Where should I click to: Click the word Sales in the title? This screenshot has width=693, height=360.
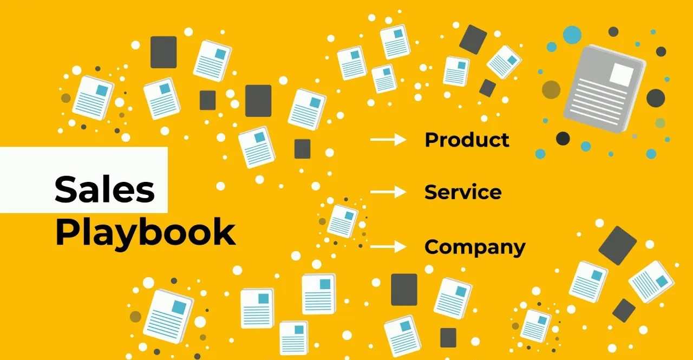point(104,189)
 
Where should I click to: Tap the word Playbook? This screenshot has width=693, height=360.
point(145,233)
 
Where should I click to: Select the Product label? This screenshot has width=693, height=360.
point(467,140)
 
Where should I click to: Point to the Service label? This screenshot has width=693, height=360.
point(463,192)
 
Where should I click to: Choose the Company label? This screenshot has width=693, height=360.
point(475,247)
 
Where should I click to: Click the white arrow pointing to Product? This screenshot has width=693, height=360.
point(388,140)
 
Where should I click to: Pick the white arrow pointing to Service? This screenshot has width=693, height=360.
point(388,192)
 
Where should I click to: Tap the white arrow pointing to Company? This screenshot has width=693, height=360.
point(388,247)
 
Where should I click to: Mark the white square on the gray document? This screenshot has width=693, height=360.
point(621,74)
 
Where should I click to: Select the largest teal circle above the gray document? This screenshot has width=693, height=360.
point(572,34)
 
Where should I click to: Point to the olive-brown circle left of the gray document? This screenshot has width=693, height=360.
point(551,90)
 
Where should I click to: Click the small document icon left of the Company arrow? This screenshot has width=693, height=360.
point(342,220)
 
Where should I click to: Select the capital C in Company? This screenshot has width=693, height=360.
point(434,247)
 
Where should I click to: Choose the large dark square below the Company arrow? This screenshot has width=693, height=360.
point(404,290)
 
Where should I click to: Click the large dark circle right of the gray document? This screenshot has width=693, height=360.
point(655,98)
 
